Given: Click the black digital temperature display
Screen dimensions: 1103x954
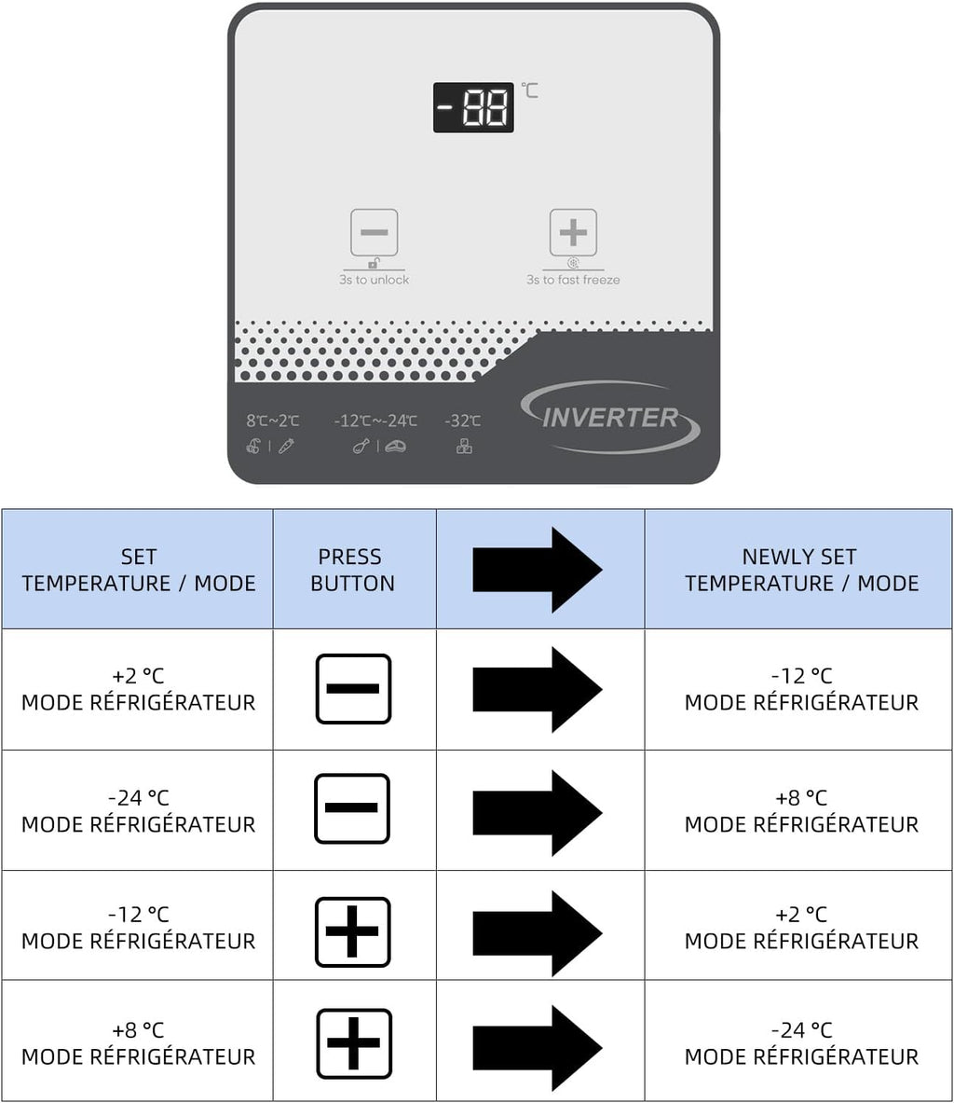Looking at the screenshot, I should [x=473, y=107].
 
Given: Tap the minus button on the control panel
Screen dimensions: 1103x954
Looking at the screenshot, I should [x=375, y=232].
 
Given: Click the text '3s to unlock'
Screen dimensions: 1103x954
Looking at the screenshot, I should [x=375, y=280].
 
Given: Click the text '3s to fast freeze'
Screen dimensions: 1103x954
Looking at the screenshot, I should [x=573, y=280].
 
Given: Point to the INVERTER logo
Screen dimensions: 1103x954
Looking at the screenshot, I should [x=610, y=418].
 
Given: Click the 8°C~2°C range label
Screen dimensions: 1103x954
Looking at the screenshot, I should [x=273, y=421].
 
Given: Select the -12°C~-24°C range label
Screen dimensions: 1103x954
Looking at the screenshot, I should [x=375, y=421].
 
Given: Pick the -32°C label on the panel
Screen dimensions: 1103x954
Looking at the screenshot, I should [x=463, y=421].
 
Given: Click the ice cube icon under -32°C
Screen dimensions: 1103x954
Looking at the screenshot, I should [x=464, y=447].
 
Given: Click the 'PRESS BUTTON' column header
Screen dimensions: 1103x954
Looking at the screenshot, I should [x=352, y=570].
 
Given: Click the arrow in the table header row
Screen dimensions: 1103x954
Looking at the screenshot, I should [x=538, y=570].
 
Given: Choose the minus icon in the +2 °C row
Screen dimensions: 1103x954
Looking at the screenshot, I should [x=353, y=689].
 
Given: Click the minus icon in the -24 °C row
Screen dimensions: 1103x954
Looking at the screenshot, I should [x=352, y=808].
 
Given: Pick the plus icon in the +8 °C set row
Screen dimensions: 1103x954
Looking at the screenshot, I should [x=354, y=1042].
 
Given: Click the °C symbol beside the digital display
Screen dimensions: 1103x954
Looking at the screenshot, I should [x=529, y=90].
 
